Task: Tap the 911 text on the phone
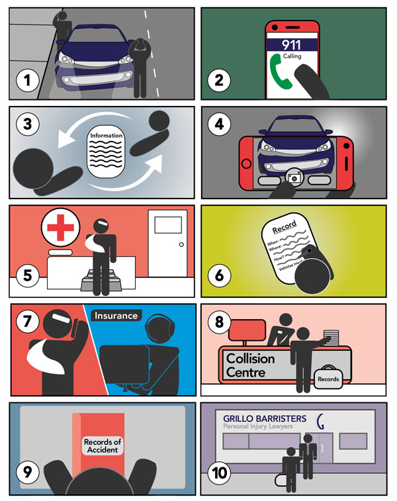point(292,46)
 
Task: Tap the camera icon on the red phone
point(291,178)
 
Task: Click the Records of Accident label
point(101,446)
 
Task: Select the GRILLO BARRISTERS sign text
point(265,418)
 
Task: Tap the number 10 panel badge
point(220,473)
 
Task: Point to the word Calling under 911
point(292,56)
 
